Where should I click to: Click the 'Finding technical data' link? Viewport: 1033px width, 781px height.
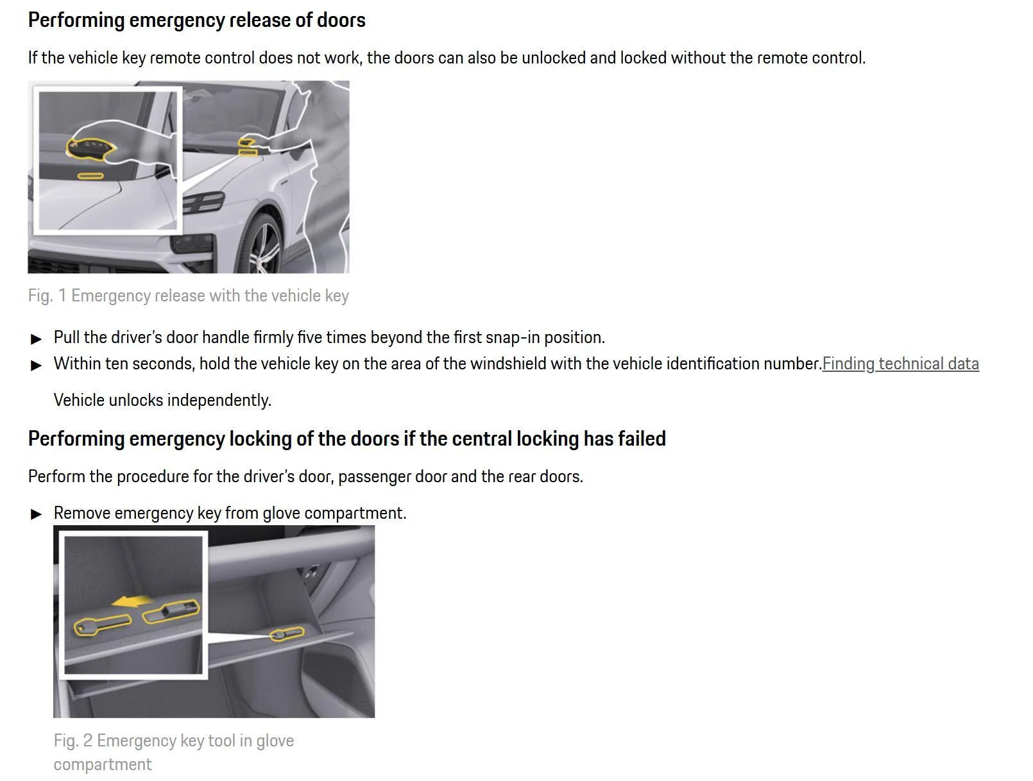(900, 364)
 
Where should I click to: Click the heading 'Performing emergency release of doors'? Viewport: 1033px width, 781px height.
(197, 21)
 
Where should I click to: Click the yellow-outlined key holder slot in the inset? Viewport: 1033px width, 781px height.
(171, 611)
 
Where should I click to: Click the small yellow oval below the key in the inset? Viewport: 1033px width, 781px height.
(90, 176)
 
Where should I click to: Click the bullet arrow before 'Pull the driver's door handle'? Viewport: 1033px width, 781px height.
(36, 339)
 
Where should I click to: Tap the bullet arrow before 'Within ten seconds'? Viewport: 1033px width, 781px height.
(36, 365)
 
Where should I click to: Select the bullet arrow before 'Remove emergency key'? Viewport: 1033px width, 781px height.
(36, 514)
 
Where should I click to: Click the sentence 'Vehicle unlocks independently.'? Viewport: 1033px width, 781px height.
(162, 400)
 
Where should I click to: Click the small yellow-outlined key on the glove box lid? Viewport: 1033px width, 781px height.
(287, 634)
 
